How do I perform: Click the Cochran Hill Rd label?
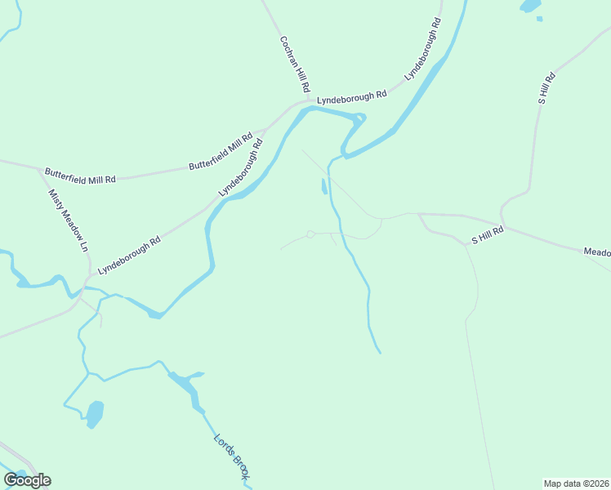point(295,64)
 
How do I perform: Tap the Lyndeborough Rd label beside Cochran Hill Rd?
point(352,96)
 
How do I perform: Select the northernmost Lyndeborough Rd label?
point(423,50)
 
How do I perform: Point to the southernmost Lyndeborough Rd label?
point(129,255)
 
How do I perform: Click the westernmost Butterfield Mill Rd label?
point(80,175)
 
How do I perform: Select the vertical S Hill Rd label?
point(546,88)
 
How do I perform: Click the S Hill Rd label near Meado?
point(488,236)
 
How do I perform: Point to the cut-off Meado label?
point(596,252)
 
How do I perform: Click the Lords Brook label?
point(231,457)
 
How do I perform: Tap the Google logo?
point(27,479)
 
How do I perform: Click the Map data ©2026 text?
point(576,483)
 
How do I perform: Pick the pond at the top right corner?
point(531,6)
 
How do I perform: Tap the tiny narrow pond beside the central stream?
point(324,187)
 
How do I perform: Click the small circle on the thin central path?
point(310,234)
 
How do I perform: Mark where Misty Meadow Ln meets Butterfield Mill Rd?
point(41,171)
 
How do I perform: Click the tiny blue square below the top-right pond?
point(539,19)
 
